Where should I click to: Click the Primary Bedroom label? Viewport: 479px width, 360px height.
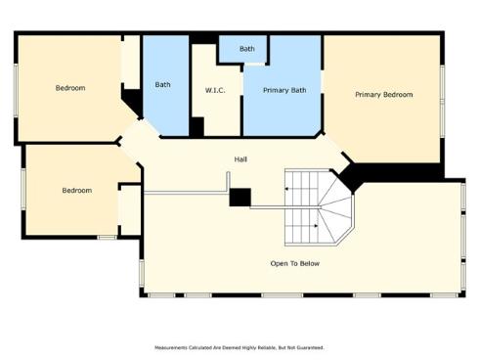(x=383, y=95)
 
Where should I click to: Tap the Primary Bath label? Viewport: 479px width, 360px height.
(x=283, y=90)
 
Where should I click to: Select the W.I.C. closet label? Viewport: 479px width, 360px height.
(x=216, y=90)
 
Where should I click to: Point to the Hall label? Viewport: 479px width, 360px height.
(x=239, y=159)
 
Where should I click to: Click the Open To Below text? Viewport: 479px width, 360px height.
(x=294, y=263)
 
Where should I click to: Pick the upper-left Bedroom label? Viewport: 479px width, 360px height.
(x=70, y=88)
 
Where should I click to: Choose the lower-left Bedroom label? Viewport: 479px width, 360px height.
(x=76, y=190)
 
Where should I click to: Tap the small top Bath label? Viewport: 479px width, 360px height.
(x=247, y=48)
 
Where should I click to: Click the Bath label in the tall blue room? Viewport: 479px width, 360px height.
(x=163, y=84)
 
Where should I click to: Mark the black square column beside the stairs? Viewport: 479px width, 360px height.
(x=239, y=197)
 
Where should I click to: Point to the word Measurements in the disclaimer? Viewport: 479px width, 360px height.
(x=173, y=347)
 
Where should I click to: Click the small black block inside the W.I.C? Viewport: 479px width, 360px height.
(x=196, y=126)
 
